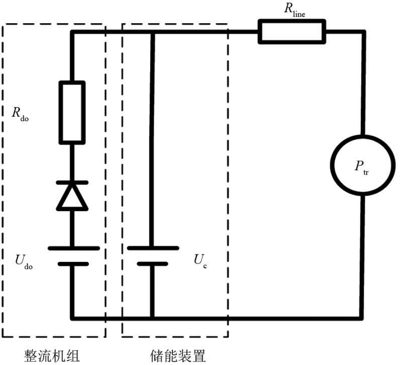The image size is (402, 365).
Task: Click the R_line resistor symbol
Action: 292,32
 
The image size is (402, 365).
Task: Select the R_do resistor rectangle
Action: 72,112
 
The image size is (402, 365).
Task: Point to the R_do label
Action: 21,113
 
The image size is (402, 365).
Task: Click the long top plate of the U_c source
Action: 153,248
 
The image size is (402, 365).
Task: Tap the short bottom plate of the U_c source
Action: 153,263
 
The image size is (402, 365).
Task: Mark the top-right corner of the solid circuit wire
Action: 363,32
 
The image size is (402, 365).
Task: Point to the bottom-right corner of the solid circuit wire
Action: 363,318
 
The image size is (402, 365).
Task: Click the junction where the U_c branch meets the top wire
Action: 153,32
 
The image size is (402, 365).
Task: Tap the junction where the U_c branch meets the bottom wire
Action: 153,318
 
